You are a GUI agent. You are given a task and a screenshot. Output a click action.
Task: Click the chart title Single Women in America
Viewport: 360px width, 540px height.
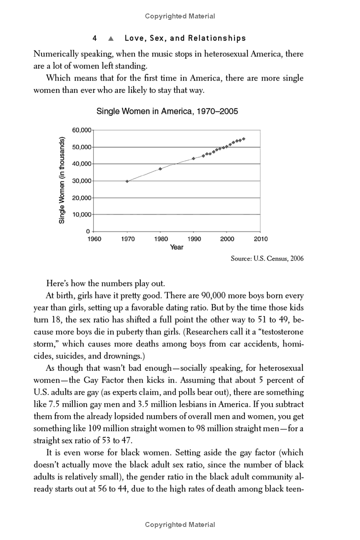[167, 111]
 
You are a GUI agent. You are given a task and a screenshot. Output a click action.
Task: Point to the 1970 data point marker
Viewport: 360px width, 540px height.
[127, 181]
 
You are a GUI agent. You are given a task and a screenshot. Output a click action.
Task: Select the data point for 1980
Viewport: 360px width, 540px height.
[160, 169]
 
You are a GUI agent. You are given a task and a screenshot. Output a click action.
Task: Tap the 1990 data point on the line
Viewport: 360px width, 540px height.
[193, 158]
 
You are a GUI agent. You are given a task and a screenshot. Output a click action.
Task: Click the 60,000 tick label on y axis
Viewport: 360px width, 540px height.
[81, 130]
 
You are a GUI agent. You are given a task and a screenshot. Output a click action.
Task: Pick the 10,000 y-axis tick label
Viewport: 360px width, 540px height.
[81, 215]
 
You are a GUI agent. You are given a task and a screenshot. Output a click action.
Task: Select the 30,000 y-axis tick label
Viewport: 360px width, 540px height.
[81, 181]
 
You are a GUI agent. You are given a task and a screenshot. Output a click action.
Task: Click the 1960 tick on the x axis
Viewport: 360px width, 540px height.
[94, 239]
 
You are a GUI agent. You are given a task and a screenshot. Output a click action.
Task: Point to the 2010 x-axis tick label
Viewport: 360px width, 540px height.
[260, 239]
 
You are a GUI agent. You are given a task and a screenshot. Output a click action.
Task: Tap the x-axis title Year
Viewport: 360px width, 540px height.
[177, 247]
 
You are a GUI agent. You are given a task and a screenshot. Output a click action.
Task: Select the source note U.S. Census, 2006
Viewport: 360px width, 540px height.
[267, 258]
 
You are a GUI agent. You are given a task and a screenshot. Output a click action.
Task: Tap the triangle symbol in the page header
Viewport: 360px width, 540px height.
[110, 38]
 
